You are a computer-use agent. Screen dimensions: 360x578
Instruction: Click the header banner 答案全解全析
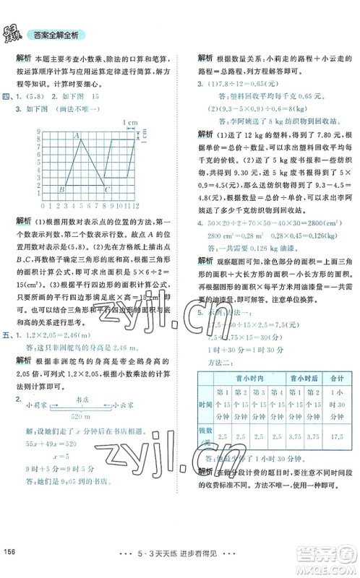click(56, 34)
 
